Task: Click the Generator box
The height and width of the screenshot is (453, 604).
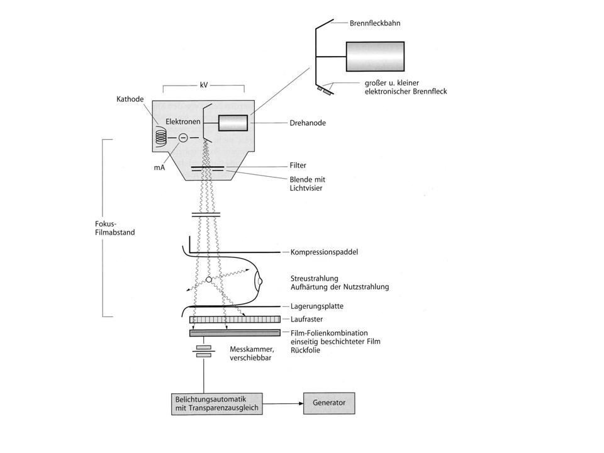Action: (x=329, y=403)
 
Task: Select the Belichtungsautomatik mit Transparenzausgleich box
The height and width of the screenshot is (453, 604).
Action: (x=217, y=404)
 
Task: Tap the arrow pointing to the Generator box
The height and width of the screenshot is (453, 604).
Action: (x=283, y=404)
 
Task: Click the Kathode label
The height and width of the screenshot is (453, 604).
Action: (x=130, y=99)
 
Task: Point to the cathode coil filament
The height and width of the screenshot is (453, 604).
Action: (x=161, y=137)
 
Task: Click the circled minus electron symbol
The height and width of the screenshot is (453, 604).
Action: (x=183, y=137)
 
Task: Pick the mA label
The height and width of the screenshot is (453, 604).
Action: (x=159, y=167)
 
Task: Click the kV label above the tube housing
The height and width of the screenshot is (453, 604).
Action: (x=204, y=85)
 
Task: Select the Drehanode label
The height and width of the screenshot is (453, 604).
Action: (x=308, y=123)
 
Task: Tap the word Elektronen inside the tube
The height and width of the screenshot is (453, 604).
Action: (x=183, y=121)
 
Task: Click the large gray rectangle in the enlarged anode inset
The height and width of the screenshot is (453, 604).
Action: (x=375, y=56)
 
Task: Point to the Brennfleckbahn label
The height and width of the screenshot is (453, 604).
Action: (x=375, y=23)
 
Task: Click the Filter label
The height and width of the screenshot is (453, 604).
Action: (x=298, y=165)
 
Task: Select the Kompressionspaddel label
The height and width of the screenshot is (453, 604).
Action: (x=324, y=252)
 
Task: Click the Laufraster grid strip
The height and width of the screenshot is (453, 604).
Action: (x=235, y=320)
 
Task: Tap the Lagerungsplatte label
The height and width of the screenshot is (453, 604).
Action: (x=316, y=306)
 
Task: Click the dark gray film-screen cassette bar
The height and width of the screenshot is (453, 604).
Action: (x=235, y=333)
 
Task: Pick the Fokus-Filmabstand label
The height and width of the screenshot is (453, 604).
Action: (x=115, y=228)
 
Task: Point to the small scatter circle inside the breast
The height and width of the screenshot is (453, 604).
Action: (x=209, y=279)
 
